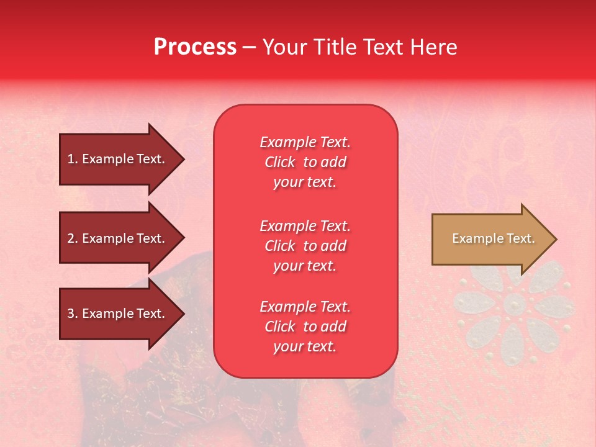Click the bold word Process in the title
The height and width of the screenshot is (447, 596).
[x=195, y=47]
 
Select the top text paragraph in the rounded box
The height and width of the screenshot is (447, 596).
[x=305, y=162]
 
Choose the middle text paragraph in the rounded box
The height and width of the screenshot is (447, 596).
[x=305, y=246]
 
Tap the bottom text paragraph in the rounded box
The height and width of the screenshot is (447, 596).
[x=305, y=327]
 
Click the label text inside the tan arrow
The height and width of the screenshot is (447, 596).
[x=493, y=238]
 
